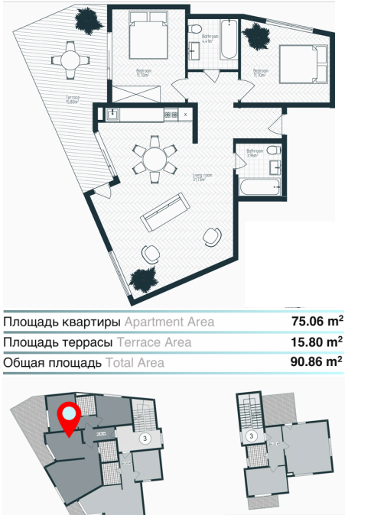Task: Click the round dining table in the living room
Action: (155, 160)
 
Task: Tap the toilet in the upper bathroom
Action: (196, 32)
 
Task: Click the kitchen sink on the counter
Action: (112, 115)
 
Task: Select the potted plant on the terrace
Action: (90, 21)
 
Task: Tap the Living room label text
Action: (202, 177)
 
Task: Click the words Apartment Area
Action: (169, 322)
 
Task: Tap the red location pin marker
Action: (69, 417)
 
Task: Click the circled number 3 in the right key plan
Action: (252, 436)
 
